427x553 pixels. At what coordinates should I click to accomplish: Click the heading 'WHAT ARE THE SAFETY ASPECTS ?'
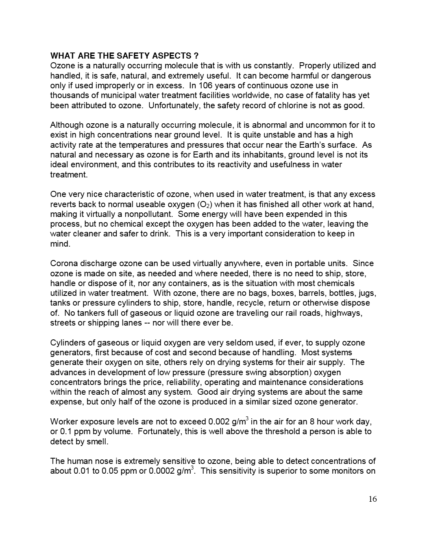click(x=124, y=56)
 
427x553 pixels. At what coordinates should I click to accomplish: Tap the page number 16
click(x=373, y=499)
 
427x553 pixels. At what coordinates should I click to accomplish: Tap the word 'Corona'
click(x=63, y=263)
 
